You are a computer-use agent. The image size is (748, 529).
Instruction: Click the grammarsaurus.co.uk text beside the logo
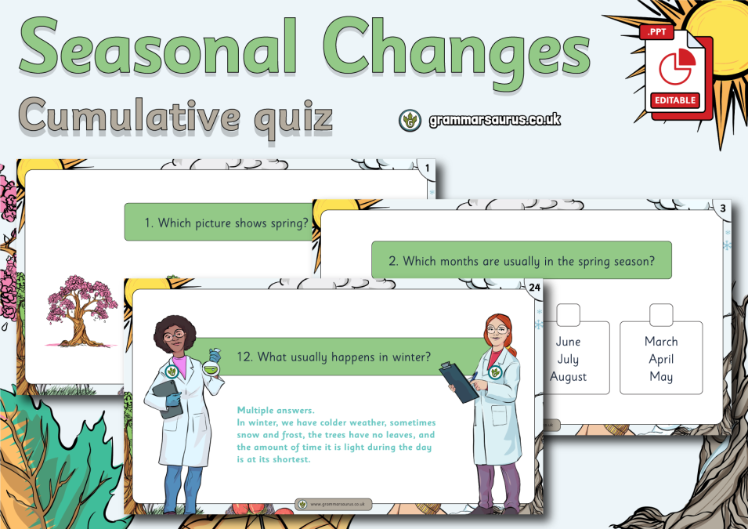coord(494,120)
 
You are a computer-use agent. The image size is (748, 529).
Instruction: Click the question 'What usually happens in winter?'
coord(333,357)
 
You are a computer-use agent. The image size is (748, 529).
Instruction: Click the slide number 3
coord(722,208)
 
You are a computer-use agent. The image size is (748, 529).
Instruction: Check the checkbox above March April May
coord(661,315)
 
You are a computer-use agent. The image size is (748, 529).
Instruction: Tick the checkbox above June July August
coord(568,315)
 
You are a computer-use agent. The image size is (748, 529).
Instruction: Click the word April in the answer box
coord(661,359)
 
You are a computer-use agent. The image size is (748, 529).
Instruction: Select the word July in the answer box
coord(568,359)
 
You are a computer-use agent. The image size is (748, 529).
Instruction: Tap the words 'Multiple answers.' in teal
coord(276,410)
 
